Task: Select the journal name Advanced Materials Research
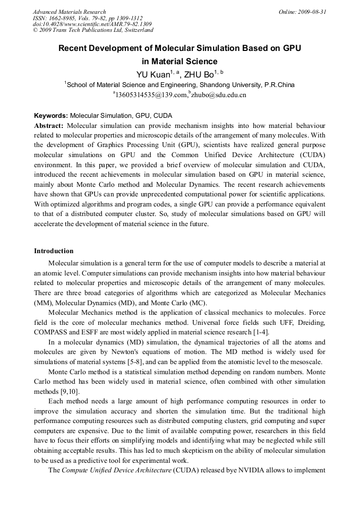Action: tap(70, 12)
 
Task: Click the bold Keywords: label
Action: tap(51, 115)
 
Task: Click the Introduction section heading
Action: tap(54, 251)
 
